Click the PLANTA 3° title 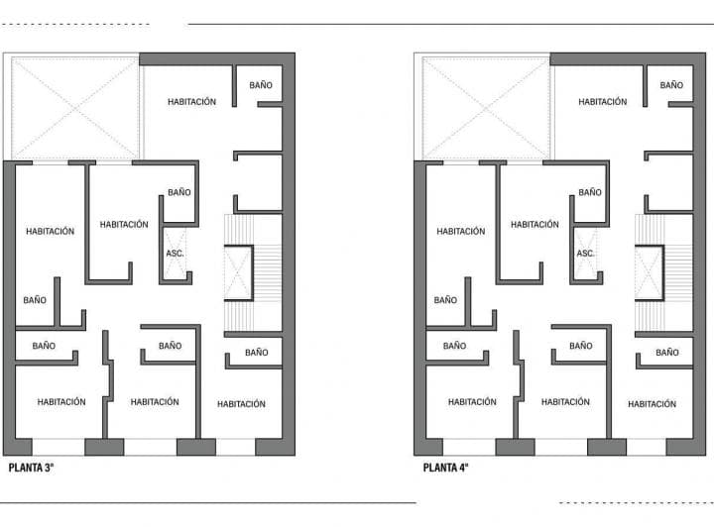[31, 468]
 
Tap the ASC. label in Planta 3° [175, 254]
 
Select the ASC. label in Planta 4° [586, 254]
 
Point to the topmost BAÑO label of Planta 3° [260, 85]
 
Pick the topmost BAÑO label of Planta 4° [671, 85]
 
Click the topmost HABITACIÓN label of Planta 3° [191, 102]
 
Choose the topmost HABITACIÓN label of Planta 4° [603, 102]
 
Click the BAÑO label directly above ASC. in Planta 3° [178, 192]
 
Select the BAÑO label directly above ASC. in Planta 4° [590, 192]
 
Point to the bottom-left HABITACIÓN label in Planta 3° [61, 402]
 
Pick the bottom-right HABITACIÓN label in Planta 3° [241, 404]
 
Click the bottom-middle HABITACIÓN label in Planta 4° [565, 402]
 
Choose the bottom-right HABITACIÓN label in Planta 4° [652, 404]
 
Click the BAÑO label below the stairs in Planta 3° [256, 353]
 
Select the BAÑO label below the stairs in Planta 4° [666, 353]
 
